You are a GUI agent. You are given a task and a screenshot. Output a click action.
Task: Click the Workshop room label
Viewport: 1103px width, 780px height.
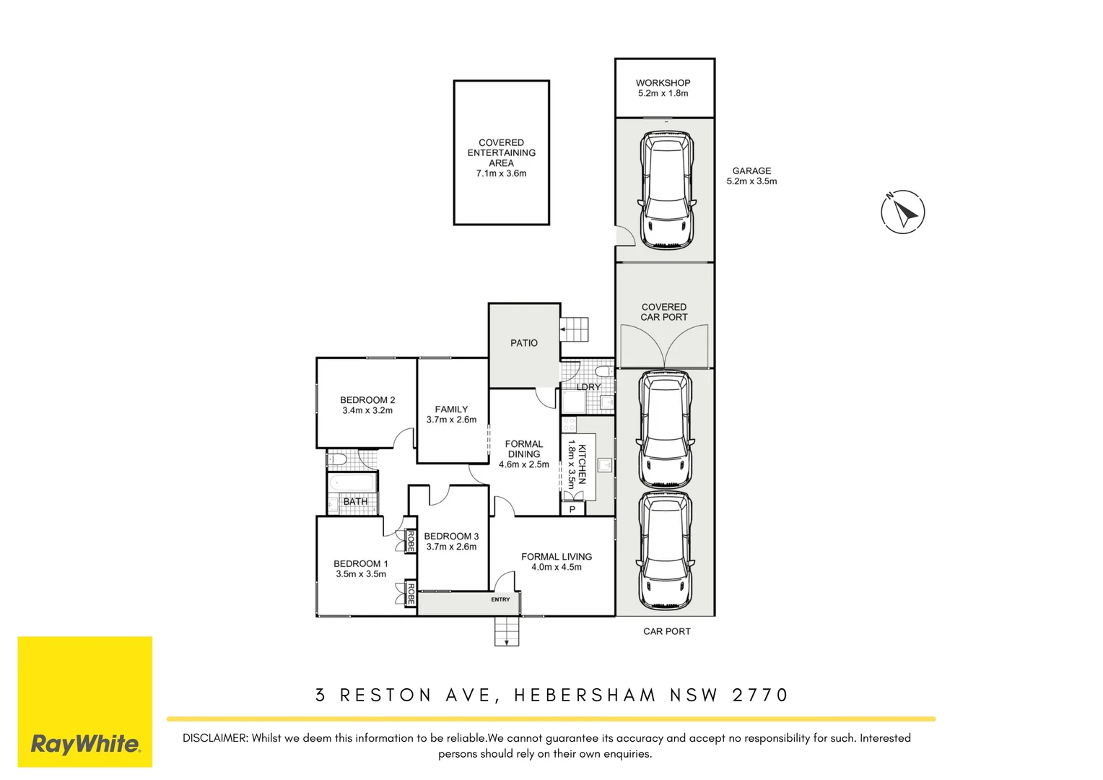(x=663, y=83)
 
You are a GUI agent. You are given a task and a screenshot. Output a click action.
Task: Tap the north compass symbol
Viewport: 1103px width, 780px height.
(x=902, y=212)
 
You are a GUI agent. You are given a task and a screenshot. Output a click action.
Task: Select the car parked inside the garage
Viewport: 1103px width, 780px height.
(x=666, y=189)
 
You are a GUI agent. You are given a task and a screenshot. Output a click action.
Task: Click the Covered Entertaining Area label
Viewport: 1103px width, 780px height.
(x=501, y=153)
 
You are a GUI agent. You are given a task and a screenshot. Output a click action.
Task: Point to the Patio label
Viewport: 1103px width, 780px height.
(x=523, y=343)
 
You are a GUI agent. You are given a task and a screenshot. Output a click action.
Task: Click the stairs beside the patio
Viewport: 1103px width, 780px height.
(x=575, y=329)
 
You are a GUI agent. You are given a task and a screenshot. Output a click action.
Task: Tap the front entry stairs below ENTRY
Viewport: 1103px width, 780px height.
(x=507, y=631)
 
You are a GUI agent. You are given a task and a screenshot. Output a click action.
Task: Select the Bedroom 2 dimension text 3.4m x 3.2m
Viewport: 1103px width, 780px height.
(x=367, y=410)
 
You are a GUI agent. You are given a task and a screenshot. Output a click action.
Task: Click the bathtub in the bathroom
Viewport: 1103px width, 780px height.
(x=352, y=482)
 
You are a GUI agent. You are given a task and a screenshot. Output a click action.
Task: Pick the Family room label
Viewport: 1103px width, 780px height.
(x=451, y=409)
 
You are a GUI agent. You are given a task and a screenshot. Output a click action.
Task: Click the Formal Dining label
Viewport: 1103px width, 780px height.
(x=523, y=449)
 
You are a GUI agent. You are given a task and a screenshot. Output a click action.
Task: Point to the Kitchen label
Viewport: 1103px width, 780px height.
(x=582, y=464)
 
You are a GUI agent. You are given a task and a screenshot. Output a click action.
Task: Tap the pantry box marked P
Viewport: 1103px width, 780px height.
(x=572, y=509)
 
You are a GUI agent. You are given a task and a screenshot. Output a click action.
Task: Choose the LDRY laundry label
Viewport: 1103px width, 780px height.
(x=588, y=387)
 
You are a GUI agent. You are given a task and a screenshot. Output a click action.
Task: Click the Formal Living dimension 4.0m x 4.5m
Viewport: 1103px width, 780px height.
(x=556, y=567)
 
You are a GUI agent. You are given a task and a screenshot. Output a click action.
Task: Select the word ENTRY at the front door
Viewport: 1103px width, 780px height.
(x=500, y=599)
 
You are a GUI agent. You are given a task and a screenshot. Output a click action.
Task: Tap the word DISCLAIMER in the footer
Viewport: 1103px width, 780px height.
(x=215, y=738)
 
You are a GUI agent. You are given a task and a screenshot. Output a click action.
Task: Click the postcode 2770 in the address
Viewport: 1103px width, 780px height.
(x=760, y=695)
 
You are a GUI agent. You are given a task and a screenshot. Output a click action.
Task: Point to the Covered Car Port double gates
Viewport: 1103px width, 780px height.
(x=664, y=347)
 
